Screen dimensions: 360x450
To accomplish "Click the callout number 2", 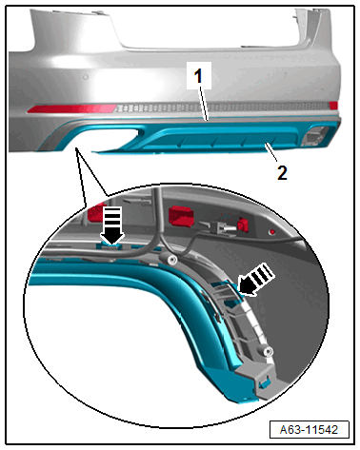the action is pyautogui.click(x=282, y=173).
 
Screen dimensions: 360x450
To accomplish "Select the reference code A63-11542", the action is pyautogui.click(x=309, y=430).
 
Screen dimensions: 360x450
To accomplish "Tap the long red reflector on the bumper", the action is pyautogui.click(x=71, y=108).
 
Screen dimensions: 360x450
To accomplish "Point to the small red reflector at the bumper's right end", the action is pyautogui.click(x=333, y=106).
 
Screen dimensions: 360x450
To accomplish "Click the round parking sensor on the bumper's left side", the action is pyautogui.click(x=86, y=77).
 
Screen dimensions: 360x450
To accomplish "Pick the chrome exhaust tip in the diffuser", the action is pyautogui.click(x=314, y=135).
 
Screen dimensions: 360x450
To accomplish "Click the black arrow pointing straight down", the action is pyautogui.click(x=112, y=225).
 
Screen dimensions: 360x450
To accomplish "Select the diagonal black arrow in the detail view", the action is pyautogui.click(x=256, y=280).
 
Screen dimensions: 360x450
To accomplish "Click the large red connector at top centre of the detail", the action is pyautogui.click(x=181, y=216).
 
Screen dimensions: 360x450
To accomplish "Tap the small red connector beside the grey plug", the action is pyautogui.click(x=243, y=225).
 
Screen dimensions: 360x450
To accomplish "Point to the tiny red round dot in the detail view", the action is pyautogui.click(x=272, y=232).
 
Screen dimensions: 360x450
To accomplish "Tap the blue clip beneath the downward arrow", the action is pyautogui.click(x=110, y=246).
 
